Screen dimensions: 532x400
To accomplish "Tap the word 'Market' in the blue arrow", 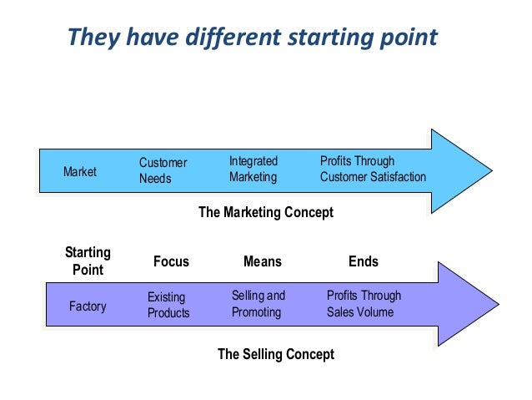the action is pos(80,172).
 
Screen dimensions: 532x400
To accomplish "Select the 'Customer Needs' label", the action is pos(163,170).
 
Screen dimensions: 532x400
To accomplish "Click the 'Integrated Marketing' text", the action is pos(253,169).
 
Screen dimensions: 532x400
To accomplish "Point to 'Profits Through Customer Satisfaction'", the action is pos(373,169).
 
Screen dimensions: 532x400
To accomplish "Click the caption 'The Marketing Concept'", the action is pos(265,213).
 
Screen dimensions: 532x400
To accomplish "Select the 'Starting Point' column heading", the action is pos(88,261).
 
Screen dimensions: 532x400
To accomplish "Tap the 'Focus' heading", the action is pos(171,262).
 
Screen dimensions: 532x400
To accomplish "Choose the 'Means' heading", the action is pos(263,262).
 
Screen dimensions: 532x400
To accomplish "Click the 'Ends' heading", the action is pos(364,262).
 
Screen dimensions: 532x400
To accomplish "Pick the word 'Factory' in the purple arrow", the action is pos(88,306).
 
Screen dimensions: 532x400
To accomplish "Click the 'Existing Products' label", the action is pos(168,305).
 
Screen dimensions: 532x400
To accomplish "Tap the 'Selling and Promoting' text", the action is pos(258,304).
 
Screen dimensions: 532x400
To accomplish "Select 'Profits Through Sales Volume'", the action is pos(364,304).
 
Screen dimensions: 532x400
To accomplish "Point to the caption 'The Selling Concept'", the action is pos(275,354).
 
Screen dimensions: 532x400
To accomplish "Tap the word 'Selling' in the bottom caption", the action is pos(263,354).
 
